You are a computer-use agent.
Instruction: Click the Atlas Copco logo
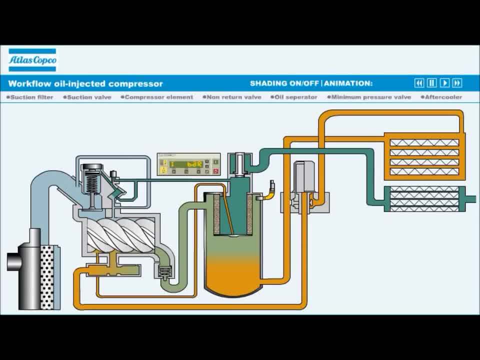[32, 60]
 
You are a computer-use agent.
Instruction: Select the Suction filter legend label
[31, 97]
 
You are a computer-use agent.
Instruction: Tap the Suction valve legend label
[89, 97]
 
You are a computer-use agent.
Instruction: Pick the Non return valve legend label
[233, 97]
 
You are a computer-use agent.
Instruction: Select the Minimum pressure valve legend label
[370, 97]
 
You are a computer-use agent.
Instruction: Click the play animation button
[444, 83]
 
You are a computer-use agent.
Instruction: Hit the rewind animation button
[419, 83]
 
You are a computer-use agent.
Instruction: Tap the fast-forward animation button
[457, 83]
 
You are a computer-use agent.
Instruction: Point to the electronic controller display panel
[188, 164]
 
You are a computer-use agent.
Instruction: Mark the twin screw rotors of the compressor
[120, 234]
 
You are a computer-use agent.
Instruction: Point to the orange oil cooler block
[424, 156]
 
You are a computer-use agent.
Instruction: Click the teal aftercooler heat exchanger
[424, 199]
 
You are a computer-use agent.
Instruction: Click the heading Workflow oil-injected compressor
[85, 83]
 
